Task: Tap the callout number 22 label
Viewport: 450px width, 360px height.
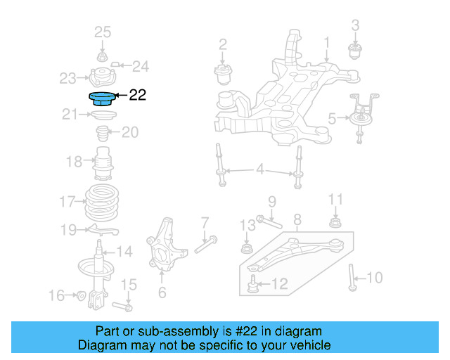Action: [138, 95]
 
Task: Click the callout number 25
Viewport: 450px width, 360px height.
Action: [103, 32]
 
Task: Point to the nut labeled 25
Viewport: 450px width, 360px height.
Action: [102, 56]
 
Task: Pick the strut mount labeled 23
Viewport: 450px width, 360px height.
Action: [102, 77]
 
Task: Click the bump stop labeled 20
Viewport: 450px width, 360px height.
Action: [102, 133]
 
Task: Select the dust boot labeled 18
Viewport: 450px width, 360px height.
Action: [103, 165]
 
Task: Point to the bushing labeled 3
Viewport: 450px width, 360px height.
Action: [355, 51]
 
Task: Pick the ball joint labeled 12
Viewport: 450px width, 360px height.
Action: [253, 285]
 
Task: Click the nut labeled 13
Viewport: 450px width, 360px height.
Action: [247, 248]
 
